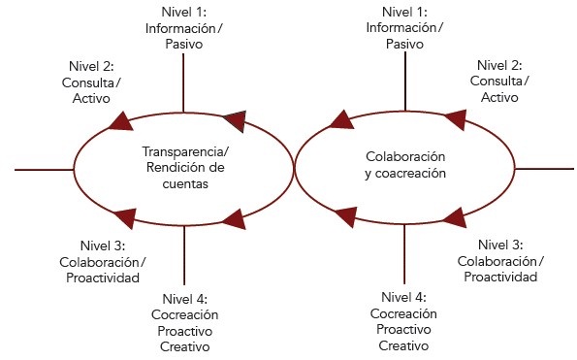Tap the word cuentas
point(184,183)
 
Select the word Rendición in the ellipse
point(169,168)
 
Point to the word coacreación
point(413,173)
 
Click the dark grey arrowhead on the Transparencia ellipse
point(234,120)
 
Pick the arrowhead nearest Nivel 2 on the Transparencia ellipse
point(121,119)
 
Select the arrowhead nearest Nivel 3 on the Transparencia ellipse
point(125,217)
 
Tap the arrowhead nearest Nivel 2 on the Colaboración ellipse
point(453,119)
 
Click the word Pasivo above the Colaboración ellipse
point(404,44)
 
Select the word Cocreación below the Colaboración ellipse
point(403,313)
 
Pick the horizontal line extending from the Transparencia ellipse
point(45,169)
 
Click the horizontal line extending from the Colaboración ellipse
point(543,169)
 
